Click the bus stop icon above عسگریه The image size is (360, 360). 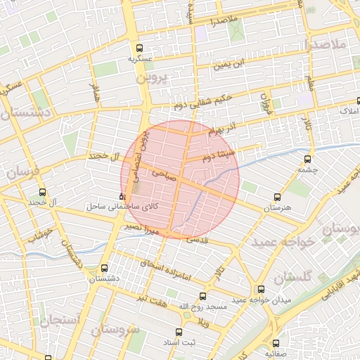[139, 49]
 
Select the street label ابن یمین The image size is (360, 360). [233, 64]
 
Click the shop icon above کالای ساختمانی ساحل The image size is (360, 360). [124, 196]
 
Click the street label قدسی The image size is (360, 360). [198, 240]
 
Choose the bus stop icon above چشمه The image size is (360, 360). [309, 159]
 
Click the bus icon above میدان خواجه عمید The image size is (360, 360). [261, 288]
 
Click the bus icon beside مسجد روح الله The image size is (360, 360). [203, 297]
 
